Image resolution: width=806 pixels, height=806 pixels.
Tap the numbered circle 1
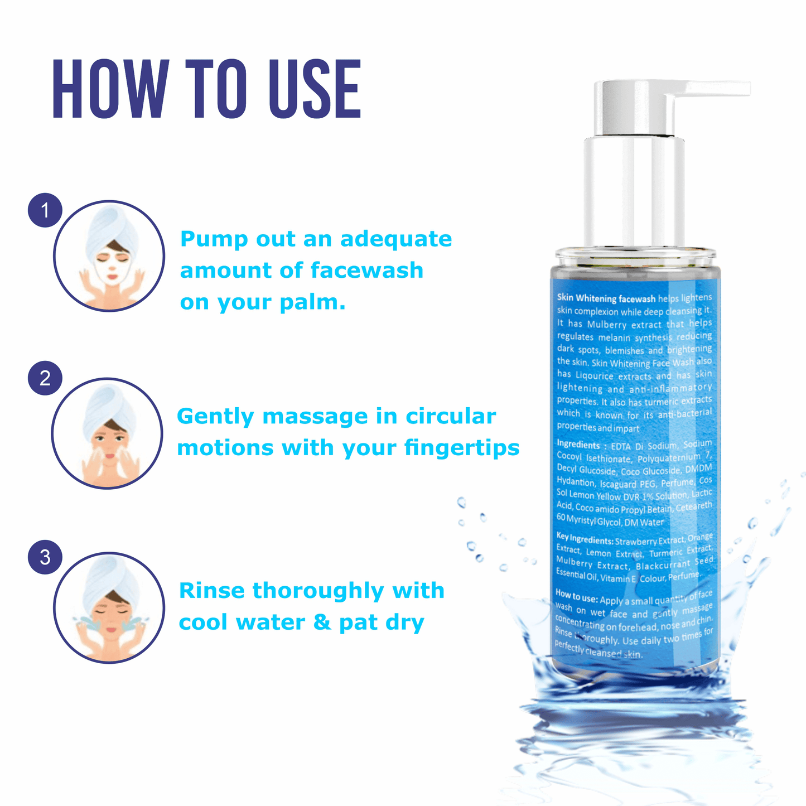[45, 210]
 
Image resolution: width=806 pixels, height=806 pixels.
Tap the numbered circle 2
[45, 379]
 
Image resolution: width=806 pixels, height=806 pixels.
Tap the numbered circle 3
[45, 557]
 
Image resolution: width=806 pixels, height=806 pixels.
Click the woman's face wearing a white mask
[112, 267]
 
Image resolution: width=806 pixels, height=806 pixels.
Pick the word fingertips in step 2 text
[462, 448]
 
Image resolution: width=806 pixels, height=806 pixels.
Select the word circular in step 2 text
[450, 417]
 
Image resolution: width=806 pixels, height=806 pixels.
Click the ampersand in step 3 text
[322, 622]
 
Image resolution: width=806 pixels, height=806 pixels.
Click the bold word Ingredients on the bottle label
[578, 445]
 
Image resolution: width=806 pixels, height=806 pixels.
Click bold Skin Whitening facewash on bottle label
[606, 298]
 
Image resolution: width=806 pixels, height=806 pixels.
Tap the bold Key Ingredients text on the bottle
[584, 539]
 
